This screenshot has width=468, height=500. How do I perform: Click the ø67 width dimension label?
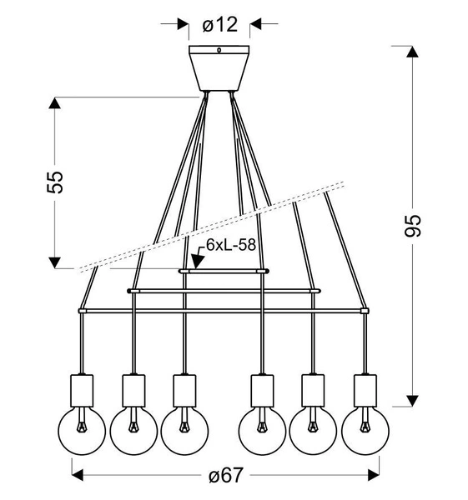pos(224,476)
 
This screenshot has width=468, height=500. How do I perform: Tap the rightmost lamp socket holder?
pos(365,388)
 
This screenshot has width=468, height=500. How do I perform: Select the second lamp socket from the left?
pos(133,388)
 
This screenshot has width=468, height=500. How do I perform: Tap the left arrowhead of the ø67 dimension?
pos(78,476)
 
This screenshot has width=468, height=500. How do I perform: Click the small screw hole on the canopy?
pos(219,51)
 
